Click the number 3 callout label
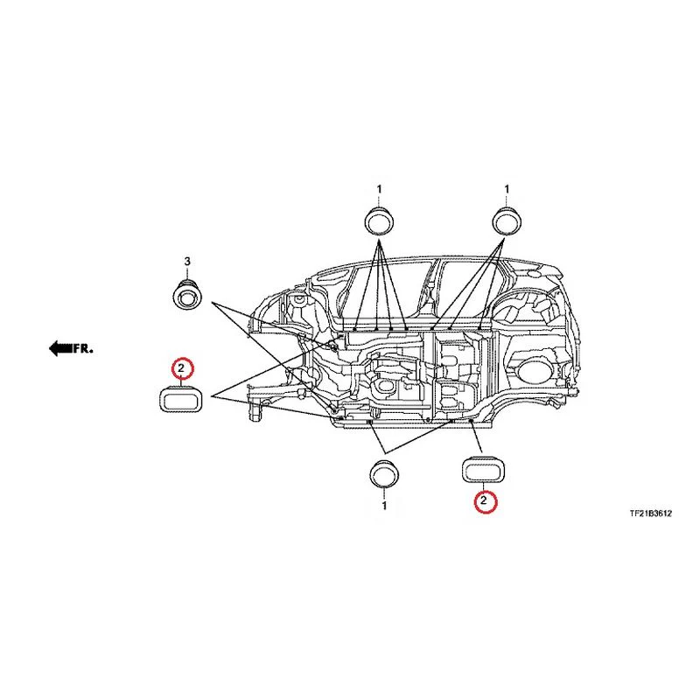click(x=187, y=261)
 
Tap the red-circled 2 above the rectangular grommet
click(x=182, y=368)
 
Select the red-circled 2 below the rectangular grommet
click(x=486, y=500)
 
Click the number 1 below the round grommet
click(x=384, y=506)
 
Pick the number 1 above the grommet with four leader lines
click(x=379, y=189)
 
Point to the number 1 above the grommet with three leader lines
click(x=507, y=189)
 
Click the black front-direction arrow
click(x=60, y=348)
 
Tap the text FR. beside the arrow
click(x=83, y=348)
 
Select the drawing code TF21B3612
click(x=650, y=514)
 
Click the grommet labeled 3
click(x=186, y=295)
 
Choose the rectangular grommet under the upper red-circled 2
click(x=180, y=398)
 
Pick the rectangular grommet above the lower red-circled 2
click(x=482, y=470)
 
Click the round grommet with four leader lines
click(x=380, y=220)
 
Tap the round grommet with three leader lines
click(x=507, y=220)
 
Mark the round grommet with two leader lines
click(x=384, y=474)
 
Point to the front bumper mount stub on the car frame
click(x=255, y=410)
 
